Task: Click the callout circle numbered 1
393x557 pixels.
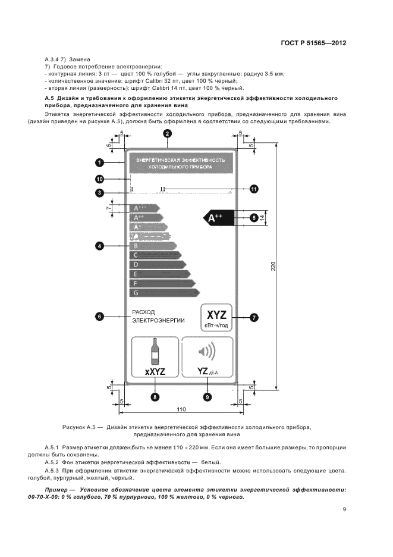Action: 99,162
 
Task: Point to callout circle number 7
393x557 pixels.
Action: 254,318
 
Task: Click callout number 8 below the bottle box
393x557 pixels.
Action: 155,397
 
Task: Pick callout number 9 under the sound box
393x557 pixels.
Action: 207,397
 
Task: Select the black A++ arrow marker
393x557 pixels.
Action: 215,218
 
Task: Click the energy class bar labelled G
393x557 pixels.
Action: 164,293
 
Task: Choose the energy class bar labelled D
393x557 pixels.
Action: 158,264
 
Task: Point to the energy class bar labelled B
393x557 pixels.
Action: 153,245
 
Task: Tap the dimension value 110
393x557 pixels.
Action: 181,409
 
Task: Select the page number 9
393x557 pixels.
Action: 344,509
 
